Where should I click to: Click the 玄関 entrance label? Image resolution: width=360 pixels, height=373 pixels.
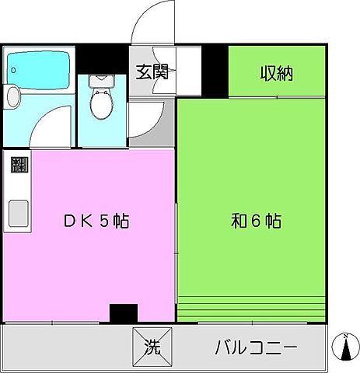pyautogui.click(x=153, y=74)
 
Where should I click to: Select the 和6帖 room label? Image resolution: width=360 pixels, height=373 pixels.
pyautogui.click(x=256, y=221)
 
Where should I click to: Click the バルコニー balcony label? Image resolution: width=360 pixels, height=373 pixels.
pyautogui.click(x=256, y=347)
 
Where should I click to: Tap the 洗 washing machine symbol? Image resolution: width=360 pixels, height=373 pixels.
pyautogui.click(x=152, y=347)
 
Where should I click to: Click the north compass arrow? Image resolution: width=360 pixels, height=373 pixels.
pyautogui.click(x=345, y=348)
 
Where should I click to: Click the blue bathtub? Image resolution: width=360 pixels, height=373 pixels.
pyautogui.click(x=39, y=71)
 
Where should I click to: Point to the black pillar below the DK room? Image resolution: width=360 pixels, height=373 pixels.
pyautogui.click(x=123, y=312)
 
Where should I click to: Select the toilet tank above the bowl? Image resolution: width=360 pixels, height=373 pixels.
pyautogui.click(x=101, y=82)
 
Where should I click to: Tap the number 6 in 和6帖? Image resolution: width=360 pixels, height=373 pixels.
pyautogui.click(x=256, y=221)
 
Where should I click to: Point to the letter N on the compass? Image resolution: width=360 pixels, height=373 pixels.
pyautogui.click(x=344, y=336)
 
